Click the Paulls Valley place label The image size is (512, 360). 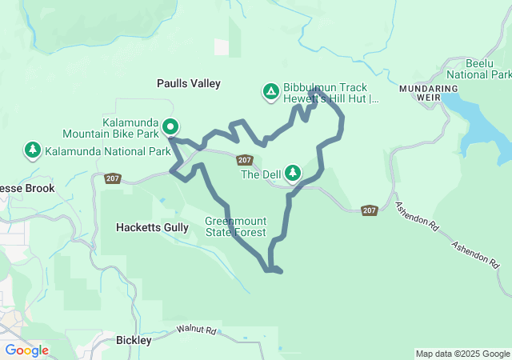pyautogui.click(x=188, y=83)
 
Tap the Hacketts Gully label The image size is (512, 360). pyautogui.click(x=151, y=227)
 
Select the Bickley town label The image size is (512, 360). pyautogui.click(x=134, y=340)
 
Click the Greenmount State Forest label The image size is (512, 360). pyautogui.click(x=235, y=226)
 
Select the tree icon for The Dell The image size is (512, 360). pyautogui.click(x=293, y=173)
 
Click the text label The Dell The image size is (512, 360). pyautogui.click(x=260, y=174)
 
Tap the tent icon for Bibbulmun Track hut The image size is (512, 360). pyautogui.click(x=271, y=92)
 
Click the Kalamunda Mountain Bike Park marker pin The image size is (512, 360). pyautogui.click(x=170, y=126)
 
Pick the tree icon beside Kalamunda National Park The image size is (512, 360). pyautogui.click(x=33, y=150)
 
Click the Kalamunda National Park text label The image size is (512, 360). pyautogui.click(x=107, y=151)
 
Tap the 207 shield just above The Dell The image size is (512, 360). pyautogui.click(x=246, y=160)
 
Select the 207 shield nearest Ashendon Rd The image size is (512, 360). pyautogui.click(x=369, y=210)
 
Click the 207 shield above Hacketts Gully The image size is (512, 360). pyautogui.click(x=113, y=178)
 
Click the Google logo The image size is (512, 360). pyautogui.click(x=26, y=350)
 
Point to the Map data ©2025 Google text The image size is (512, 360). pyautogui.click(x=462, y=354)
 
